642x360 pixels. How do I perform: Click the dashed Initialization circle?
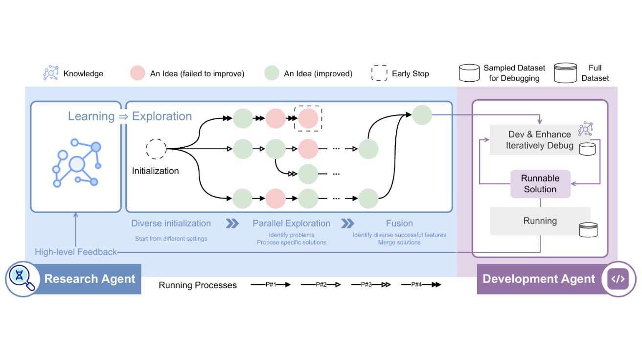point(156,149)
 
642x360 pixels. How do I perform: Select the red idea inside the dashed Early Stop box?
point(308,118)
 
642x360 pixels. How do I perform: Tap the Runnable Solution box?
point(540,184)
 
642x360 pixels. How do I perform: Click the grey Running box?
point(540,221)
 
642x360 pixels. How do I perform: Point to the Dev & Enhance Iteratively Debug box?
point(539,140)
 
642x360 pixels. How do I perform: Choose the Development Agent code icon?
point(618,279)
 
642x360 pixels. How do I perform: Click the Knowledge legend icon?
point(51,73)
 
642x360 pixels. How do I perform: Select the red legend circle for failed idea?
point(138,73)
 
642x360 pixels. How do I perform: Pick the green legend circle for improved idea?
point(272,73)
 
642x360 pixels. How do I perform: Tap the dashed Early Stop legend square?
point(379,73)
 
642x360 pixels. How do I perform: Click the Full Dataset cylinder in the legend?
point(565,73)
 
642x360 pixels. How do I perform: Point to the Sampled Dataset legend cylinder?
point(469,73)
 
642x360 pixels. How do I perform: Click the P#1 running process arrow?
point(271,284)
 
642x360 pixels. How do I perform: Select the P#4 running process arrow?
point(421,284)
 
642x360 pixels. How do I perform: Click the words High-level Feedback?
point(76,252)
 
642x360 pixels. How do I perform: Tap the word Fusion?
point(399,224)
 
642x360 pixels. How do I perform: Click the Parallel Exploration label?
point(291,224)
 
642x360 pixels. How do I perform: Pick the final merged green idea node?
point(422,115)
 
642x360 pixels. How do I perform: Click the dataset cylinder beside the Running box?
point(588,229)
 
